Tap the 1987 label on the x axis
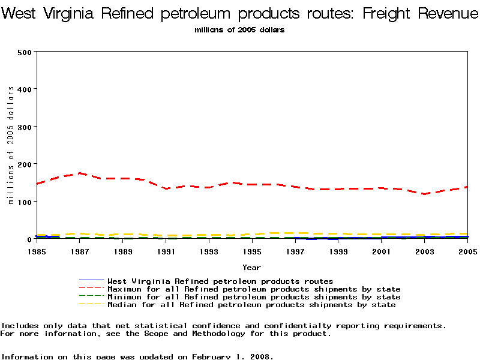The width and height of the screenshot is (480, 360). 79,251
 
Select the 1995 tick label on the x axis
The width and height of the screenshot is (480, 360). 252,251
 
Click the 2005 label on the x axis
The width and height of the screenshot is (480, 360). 467,251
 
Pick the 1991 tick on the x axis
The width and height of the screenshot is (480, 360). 166,251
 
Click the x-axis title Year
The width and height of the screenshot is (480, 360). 251,267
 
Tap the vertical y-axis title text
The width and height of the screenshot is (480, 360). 11,145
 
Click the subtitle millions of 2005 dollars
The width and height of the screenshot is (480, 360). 239,29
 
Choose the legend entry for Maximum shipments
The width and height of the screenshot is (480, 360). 254,289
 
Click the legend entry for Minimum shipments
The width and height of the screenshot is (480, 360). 254,297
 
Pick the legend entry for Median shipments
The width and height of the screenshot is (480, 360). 251,305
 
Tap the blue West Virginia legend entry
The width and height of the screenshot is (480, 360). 220,281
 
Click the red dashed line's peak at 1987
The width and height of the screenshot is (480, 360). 80,173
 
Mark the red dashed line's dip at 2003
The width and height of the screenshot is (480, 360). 425,194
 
